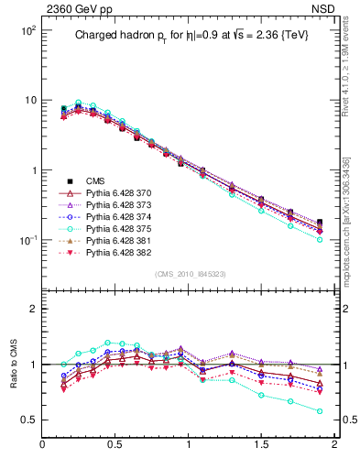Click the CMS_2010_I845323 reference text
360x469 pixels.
[x=189, y=274]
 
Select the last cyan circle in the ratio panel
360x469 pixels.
[x=320, y=410]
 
